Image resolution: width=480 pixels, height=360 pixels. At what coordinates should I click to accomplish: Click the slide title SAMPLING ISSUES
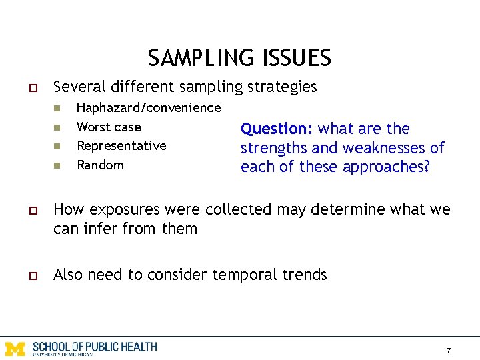coord(239,58)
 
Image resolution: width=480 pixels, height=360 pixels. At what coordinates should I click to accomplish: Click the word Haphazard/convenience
coord(149,107)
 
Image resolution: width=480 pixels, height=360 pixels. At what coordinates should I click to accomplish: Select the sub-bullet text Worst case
coord(109,127)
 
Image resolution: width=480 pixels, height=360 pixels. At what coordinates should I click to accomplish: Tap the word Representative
coord(121,145)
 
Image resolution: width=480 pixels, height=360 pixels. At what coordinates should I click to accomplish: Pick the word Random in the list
coord(100,165)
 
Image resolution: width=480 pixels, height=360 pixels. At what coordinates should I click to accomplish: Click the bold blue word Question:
coord(277,129)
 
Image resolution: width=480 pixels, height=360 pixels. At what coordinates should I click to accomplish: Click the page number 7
coord(449,350)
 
